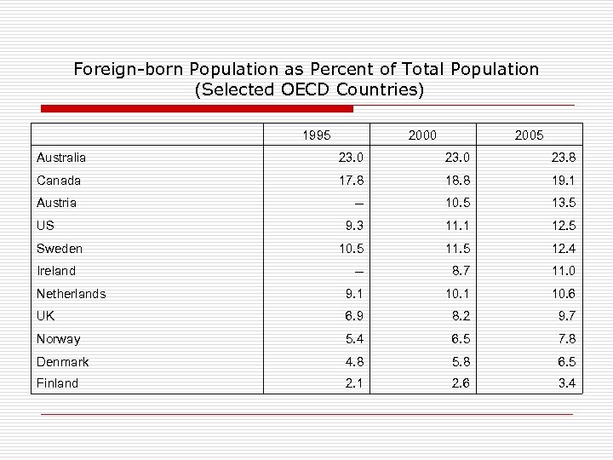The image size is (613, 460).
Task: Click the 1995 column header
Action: (x=317, y=135)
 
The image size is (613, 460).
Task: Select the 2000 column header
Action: (x=423, y=135)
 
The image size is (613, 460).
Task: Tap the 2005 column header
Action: (x=530, y=135)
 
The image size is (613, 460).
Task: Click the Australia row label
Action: (x=61, y=158)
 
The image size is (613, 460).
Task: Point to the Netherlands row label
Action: (x=72, y=294)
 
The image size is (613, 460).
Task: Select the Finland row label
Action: (x=58, y=384)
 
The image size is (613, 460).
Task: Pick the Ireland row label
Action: (x=56, y=271)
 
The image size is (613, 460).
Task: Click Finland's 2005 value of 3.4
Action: (x=566, y=384)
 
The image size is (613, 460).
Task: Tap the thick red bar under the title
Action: (x=197, y=109)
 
